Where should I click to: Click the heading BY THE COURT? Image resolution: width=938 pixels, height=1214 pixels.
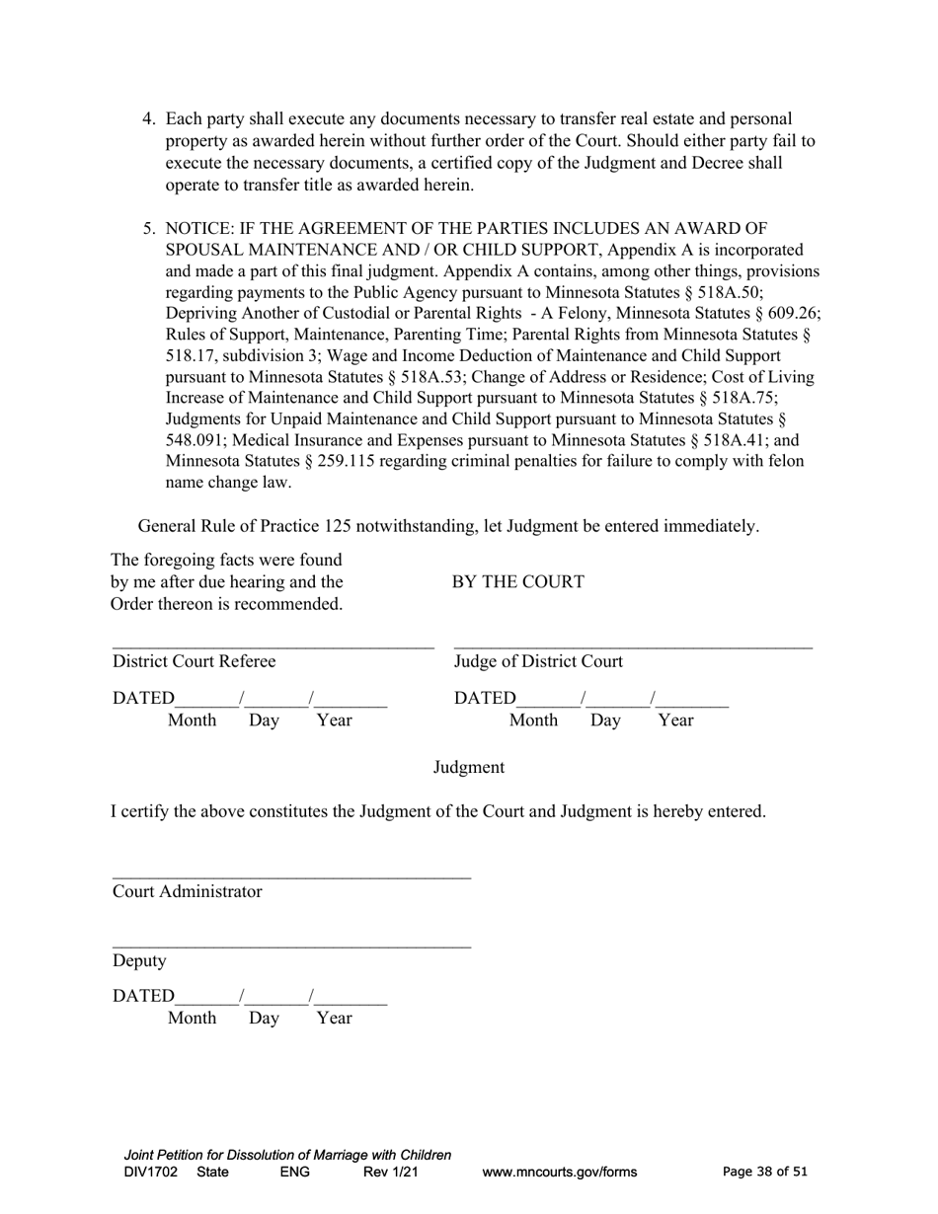pyautogui.click(x=517, y=582)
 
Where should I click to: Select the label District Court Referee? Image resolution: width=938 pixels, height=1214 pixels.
pyautogui.click(x=195, y=661)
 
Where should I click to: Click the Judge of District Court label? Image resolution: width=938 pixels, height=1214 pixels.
pyautogui.click(x=538, y=661)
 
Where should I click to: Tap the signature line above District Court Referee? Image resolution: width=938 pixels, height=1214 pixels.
pyautogui.click(x=273, y=647)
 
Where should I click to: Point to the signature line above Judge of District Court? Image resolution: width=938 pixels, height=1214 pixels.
pyautogui.click(x=633, y=647)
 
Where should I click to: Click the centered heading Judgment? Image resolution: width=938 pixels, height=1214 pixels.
pyautogui.click(x=469, y=767)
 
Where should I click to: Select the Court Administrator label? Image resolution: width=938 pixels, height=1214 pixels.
pyautogui.click(x=188, y=891)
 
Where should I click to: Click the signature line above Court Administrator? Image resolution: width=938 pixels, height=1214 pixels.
pyautogui.click(x=291, y=876)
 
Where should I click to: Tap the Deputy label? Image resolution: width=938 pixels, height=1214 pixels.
pyautogui.click(x=139, y=960)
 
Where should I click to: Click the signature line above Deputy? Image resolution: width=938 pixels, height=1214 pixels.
pyautogui.click(x=291, y=947)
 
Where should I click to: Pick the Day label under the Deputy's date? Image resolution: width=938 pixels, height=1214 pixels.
pyautogui.click(x=264, y=1018)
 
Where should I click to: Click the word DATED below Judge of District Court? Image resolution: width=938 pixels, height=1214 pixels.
pyautogui.click(x=485, y=699)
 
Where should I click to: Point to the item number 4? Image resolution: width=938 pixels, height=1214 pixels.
pyautogui.click(x=149, y=119)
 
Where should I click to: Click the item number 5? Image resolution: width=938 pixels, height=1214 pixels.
pyautogui.click(x=149, y=228)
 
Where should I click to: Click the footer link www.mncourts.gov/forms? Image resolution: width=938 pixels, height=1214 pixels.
pyautogui.click(x=560, y=1173)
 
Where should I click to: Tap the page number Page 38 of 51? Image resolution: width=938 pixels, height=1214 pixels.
pyautogui.click(x=765, y=1172)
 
